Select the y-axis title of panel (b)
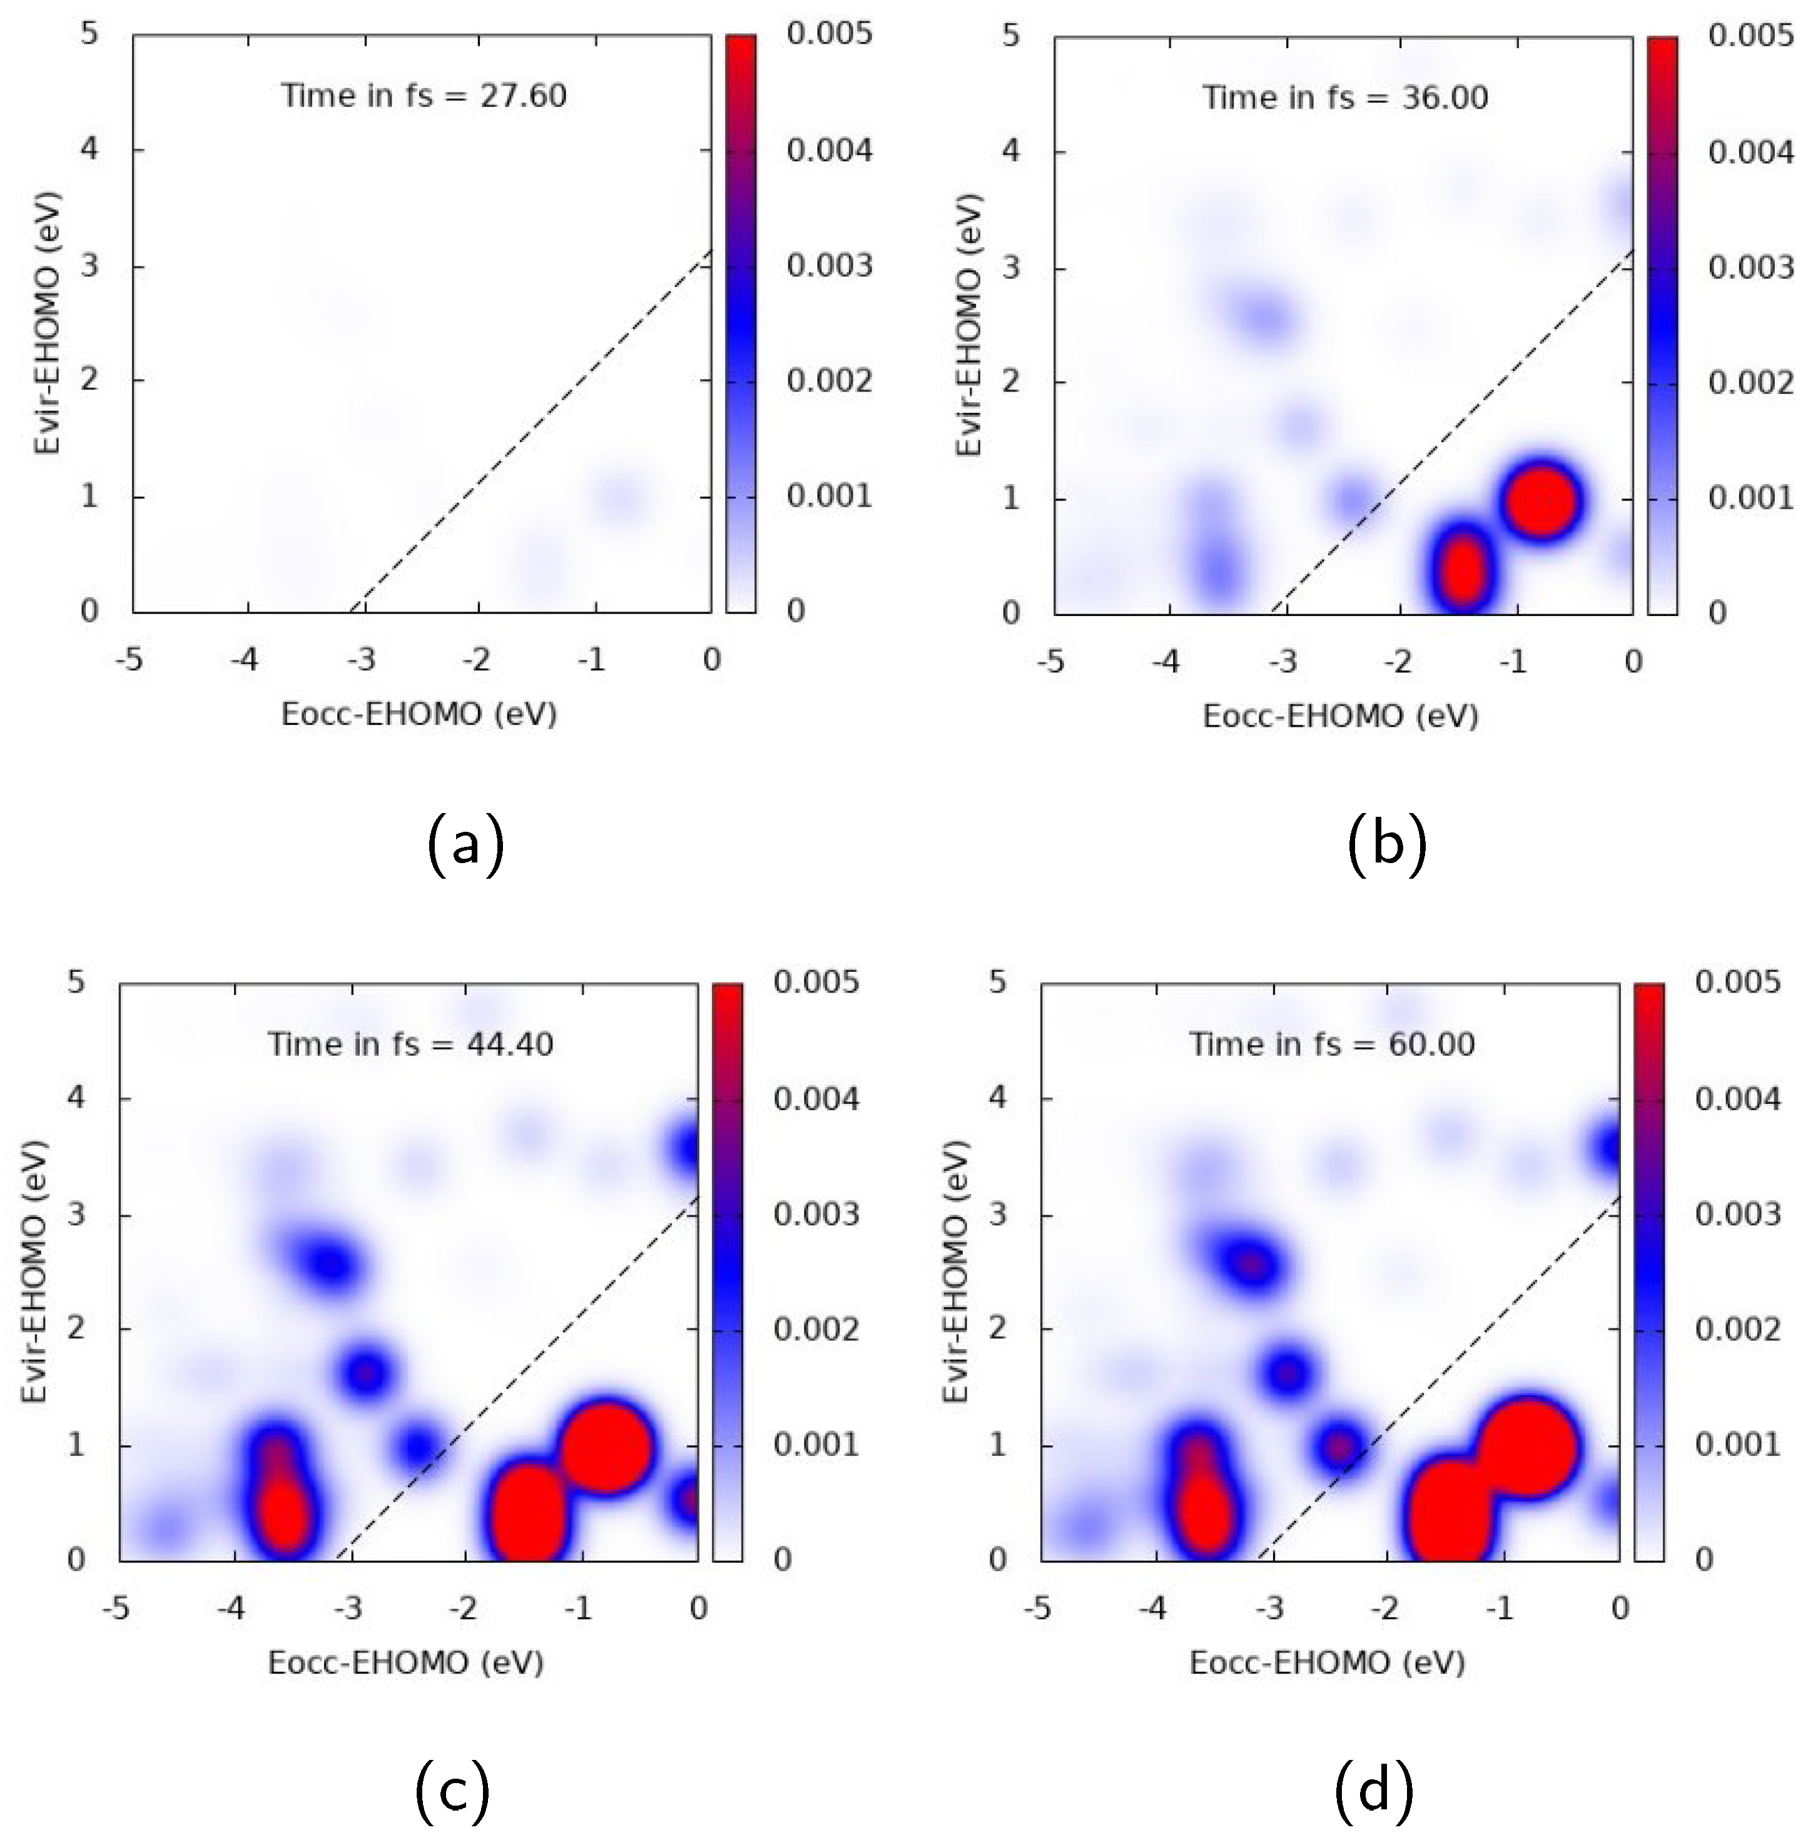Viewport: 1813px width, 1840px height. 968,326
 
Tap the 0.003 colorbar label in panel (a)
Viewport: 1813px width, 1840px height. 828,266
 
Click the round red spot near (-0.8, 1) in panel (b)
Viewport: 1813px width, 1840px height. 1543,499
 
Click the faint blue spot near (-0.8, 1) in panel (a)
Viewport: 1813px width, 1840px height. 618,497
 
